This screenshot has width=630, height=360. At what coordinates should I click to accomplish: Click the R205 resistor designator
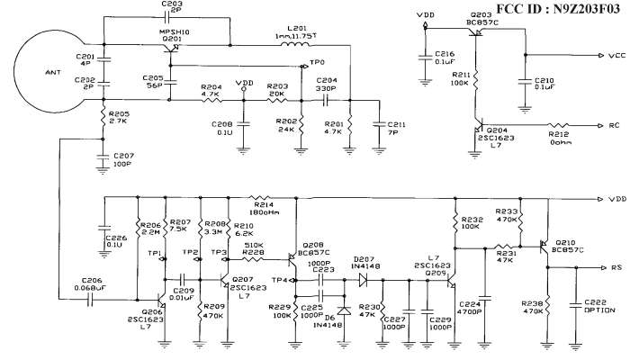pos(118,114)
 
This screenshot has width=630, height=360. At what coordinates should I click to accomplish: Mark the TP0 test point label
pos(317,63)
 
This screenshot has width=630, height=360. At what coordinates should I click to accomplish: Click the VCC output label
pos(617,56)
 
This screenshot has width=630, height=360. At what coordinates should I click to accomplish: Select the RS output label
pos(616,267)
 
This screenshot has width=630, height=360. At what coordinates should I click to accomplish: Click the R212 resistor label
pos(562,135)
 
